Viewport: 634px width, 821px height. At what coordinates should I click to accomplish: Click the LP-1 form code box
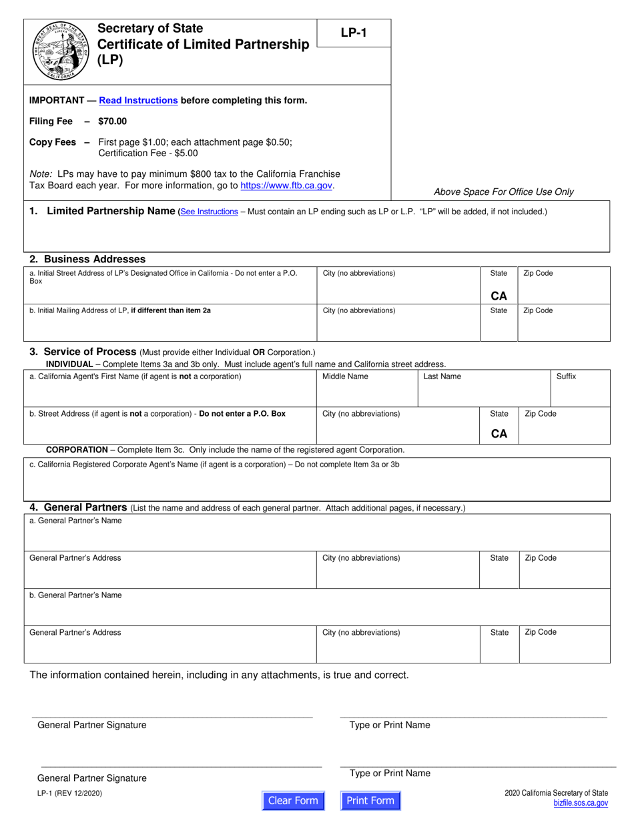(x=354, y=33)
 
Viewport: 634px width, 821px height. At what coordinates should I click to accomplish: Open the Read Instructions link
(x=138, y=101)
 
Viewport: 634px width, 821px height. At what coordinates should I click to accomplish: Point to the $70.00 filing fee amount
(x=112, y=121)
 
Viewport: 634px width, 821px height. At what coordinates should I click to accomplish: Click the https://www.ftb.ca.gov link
(x=286, y=186)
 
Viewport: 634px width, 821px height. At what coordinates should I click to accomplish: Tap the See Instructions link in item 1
(x=209, y=212)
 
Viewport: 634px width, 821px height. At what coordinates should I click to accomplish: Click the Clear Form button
(x=293, y=800)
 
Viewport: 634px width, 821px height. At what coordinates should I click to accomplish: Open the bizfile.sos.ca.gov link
(x=581, y=804)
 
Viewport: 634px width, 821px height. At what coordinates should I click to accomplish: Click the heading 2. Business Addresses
(x=87, y=259)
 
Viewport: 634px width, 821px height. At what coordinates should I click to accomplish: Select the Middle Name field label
(x=345, y=376)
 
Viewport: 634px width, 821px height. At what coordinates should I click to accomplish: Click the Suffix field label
(x=566, y=376)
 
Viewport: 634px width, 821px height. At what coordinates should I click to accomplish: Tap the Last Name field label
(x=442, y=376)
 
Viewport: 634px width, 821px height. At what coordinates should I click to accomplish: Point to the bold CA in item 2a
(x=499, y=296)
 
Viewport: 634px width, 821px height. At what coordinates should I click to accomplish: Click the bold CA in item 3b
(x=499, y=433)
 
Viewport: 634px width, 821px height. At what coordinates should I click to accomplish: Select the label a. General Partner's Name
(x=75, y=521)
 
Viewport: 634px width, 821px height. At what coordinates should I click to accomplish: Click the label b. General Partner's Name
(x=75, y=595)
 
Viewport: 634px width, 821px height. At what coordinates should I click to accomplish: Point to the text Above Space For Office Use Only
(x=503, y=192)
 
